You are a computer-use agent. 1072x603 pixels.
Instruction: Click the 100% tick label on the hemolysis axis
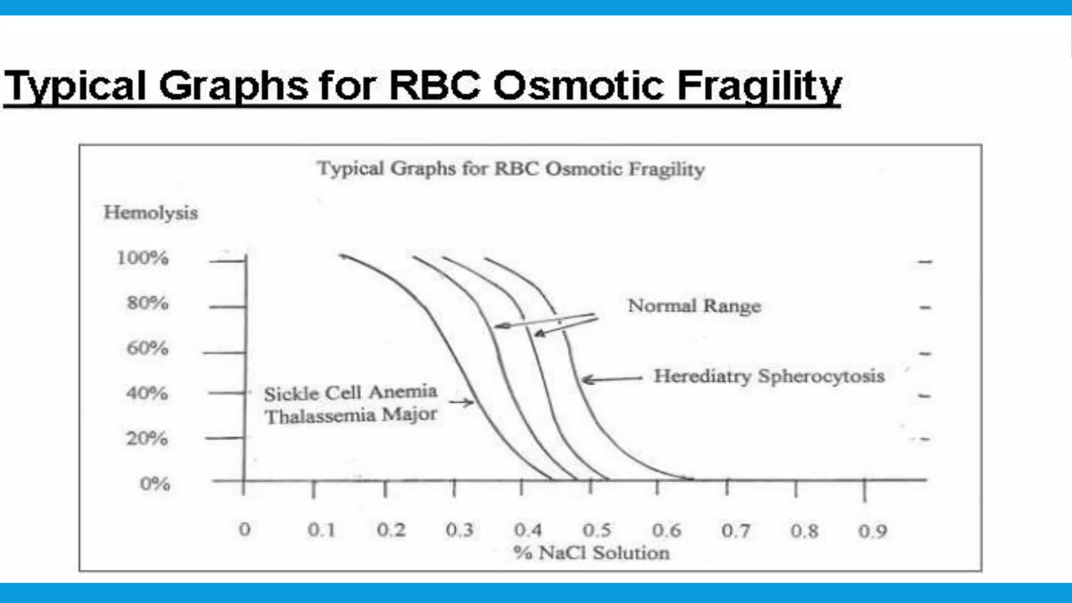142,258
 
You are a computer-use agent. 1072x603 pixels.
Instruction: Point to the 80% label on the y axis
147,303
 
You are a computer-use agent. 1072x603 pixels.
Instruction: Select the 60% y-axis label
147,348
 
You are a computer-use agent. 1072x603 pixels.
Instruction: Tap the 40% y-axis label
147,393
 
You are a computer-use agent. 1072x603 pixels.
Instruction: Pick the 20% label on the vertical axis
147,438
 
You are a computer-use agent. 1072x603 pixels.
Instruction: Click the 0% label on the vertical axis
154,484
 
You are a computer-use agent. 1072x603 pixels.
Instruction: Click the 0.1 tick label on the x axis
321,530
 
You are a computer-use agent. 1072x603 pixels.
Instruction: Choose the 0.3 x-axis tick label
459,530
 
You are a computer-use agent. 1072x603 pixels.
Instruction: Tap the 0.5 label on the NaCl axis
597,530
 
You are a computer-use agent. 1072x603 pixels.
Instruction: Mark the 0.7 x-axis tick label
735,531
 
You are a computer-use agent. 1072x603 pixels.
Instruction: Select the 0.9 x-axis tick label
873,531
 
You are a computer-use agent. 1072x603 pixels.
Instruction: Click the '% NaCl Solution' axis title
591,553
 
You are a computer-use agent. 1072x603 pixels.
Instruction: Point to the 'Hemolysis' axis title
151,213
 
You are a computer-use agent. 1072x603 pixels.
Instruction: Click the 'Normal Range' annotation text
694,306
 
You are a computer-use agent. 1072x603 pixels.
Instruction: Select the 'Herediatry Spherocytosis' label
769,376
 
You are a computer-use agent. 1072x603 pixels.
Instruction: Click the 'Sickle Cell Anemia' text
350,393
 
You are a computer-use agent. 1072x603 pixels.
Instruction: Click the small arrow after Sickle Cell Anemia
461,402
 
